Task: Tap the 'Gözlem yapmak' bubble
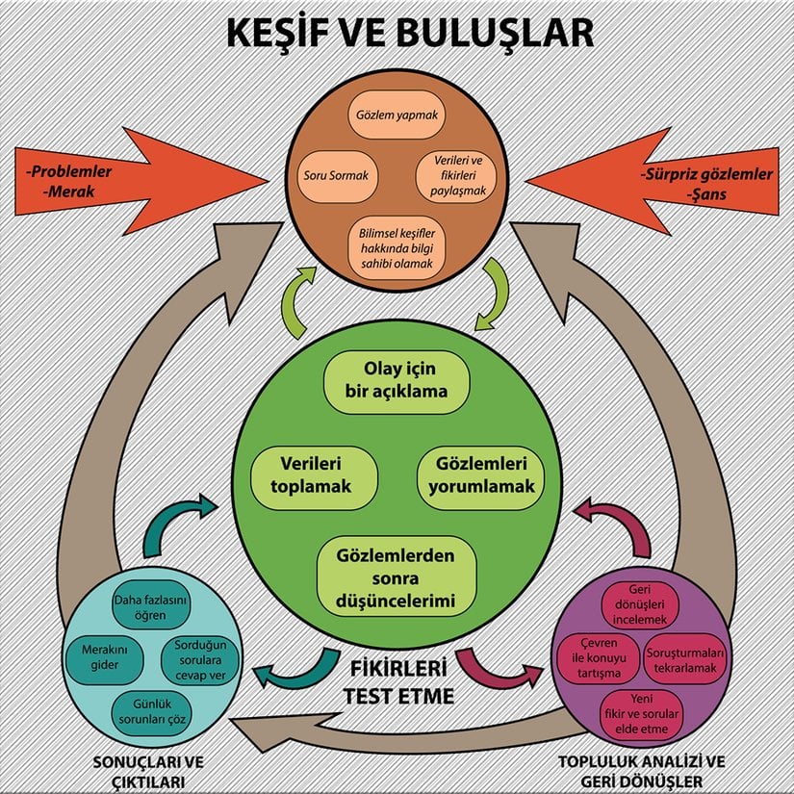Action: [x=397, y=115]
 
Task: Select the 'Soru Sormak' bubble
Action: [x=336, y=177]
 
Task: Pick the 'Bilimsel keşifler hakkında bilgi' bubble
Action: [x=397, y=246]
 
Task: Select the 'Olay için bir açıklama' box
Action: [x=397, y=381]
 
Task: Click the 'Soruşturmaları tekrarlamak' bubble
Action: [x=685, y=658]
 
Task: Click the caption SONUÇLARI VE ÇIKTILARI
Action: [x=138, y=770]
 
